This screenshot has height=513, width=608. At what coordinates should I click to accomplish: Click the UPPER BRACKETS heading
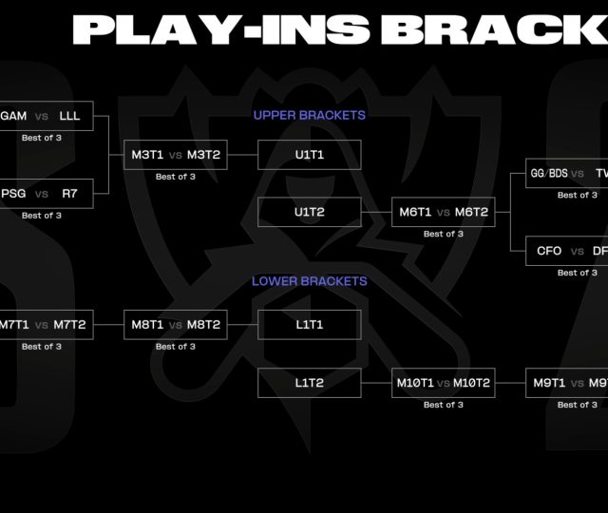(x=309, y=115)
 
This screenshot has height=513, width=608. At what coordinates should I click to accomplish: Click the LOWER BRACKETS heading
(x=309, y=281)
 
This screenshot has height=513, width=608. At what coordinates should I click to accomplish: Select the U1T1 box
(x=309, y=154)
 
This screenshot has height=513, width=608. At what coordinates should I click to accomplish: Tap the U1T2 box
(x=309, y=212)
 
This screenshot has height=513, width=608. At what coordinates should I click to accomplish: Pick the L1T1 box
(x=309, y=325)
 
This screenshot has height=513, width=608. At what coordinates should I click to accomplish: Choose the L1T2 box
(x=309, y=383)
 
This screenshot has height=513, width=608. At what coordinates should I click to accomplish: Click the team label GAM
(x=13, y=116)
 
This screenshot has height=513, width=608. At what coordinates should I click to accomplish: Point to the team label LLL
(x=69, y=116)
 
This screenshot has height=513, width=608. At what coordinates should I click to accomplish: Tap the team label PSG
(x=13, y=194)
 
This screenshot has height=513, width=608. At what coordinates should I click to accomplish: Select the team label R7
(x=69, y=194)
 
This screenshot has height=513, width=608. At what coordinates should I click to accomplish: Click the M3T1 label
(x=147, y=155)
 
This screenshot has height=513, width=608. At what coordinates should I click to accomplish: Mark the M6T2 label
(x=471, y=213)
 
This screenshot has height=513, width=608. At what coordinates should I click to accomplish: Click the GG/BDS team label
(x=546, y=174)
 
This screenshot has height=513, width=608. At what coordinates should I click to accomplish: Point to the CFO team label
(x=549, y=252)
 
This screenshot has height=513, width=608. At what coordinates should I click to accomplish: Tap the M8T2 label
(x=203, y=325)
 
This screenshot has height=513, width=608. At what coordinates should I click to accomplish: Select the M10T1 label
(x=415, y=384)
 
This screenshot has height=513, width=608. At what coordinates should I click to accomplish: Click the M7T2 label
(x=68, y=325)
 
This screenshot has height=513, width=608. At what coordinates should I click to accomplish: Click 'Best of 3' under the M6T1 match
(x=444, y=234)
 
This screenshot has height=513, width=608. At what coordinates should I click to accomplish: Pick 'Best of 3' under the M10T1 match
(x=444, y=405)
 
